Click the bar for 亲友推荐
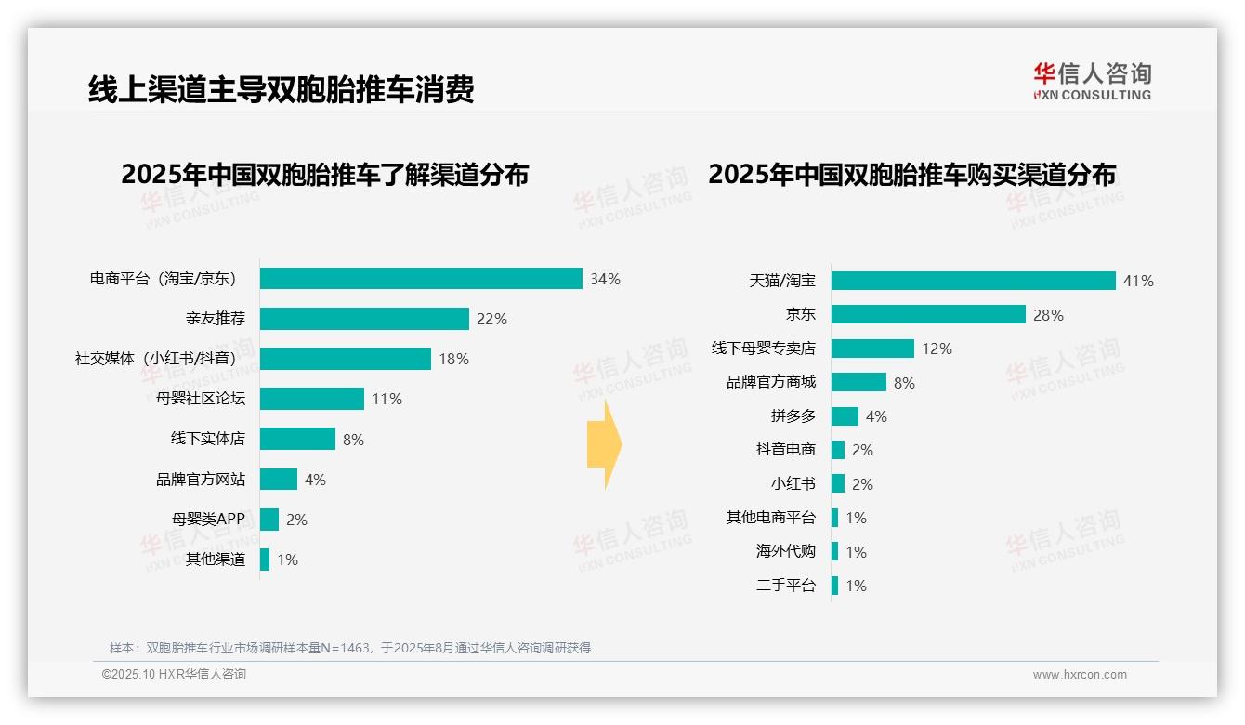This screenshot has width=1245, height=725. (x=364, y=319)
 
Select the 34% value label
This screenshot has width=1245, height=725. (x=605, y=279)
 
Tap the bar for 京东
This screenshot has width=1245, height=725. (x=928, y=315)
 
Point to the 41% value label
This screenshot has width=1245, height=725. (x=1138, y=281)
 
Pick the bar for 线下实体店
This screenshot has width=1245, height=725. (x=297, y=439)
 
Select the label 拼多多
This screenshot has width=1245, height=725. (x=793, y=416)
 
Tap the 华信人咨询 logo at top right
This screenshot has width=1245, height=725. (x=1092, y=81)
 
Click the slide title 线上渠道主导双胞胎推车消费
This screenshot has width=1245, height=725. (x=282, y=89)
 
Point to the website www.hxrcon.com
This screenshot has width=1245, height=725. (x=1080, y=675)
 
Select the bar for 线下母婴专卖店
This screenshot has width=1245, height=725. (x=872, y=349)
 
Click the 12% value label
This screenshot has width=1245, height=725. (x=937, y=349)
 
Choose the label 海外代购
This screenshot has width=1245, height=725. (x=785, y=551)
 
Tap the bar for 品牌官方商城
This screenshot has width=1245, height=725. (x=858, y=382)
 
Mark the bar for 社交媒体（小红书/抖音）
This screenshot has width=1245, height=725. (x=345, y=359)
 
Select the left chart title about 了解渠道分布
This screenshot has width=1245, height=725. (x=324, y=174)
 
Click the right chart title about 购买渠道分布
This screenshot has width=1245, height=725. (x=911, y=174)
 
